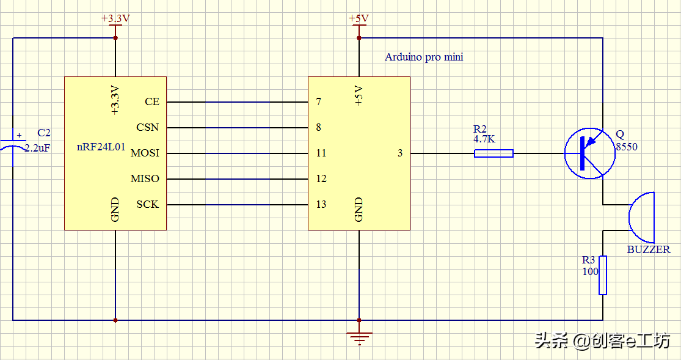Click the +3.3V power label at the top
[115, 19]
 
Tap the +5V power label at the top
[359, 18]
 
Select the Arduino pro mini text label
[424, 57]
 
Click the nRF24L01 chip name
[101, 147]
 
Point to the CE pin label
[152, 101]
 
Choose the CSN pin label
[148, 127]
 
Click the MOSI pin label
[145, 153]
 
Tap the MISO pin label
[145, 178]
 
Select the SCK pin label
[148, 204]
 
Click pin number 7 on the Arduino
[319, 101]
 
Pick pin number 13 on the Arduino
[321, 204]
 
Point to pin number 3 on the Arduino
[400, 153]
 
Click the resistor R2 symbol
[493, 153]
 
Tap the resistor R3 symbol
[603, 275]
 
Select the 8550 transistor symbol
[590, 153]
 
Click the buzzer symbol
[641, 218]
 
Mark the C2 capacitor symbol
[13, 145]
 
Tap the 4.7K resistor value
[484, 139]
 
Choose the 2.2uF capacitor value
[37, 148]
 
